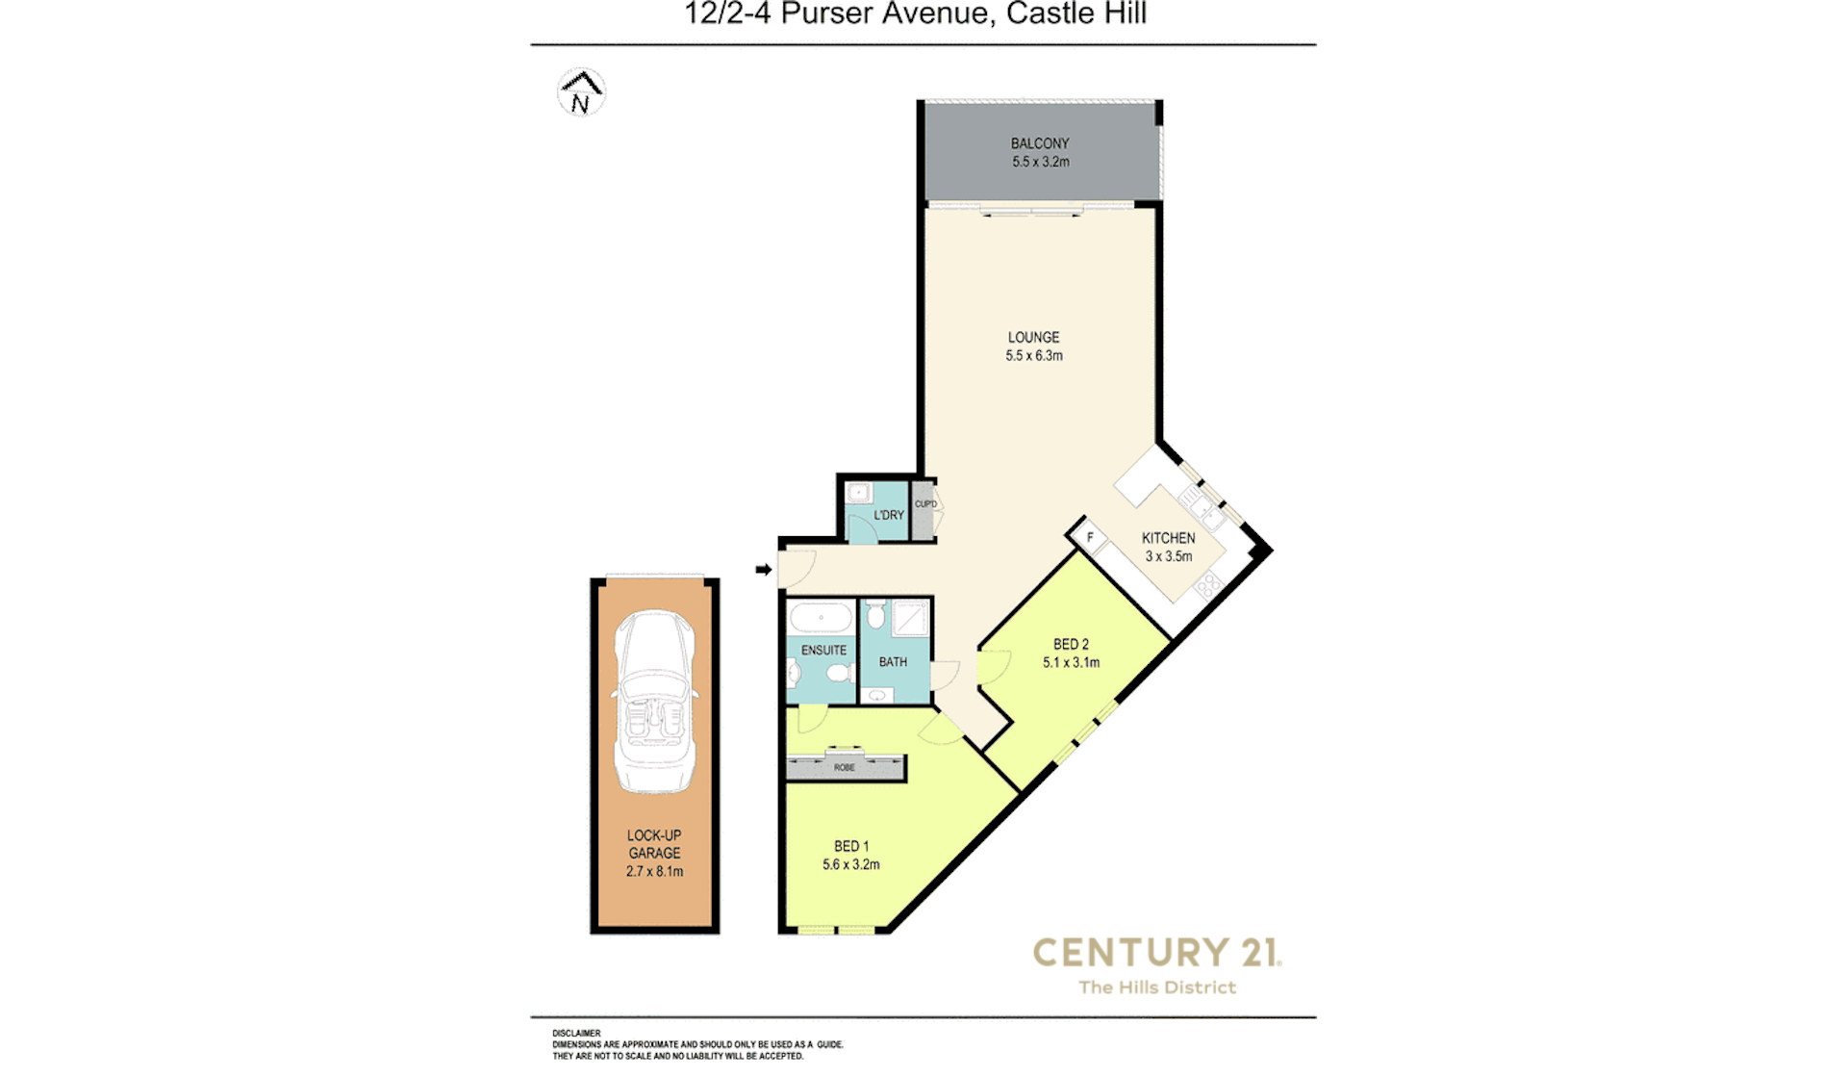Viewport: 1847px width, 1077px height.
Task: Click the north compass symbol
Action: click(x=581, y=92)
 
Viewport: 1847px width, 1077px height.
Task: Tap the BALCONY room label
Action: click(x=1039, y=143)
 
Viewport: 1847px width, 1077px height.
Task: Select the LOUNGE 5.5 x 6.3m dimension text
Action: click(x=1034, y=356)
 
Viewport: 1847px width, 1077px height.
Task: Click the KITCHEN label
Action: click(x=1168, y=538)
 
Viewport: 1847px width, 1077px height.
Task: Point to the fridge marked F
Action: click(x=1089, y=537)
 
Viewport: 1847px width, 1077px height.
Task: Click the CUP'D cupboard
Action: click(x=924, y=510)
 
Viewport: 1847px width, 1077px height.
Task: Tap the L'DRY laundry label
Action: click(x=889, y=515)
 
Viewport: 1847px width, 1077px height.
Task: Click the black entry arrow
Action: click(x=764, y=570)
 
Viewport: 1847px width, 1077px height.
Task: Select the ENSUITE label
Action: click(x=823, y=651)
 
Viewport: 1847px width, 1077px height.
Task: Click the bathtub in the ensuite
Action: click(x=821, y=617)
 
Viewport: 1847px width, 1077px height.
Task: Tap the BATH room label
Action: click(x=893, y=662)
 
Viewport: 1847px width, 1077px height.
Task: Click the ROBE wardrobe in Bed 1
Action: click(x=846, y=766)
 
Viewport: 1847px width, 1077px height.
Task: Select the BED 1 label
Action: click(x=851, y=847)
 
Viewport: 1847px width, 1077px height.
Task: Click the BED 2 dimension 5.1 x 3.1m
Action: click(x=1071, y=663)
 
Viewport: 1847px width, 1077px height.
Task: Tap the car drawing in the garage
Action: click(x=655, y=702)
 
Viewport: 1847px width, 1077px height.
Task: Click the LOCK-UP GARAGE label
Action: click(x=654, y=844)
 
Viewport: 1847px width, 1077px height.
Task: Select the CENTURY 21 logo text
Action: click(x=1157, y=953)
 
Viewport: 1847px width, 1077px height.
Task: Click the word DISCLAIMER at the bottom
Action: click(x=576, y=1034)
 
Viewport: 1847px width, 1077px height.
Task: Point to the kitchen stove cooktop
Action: click(x=1207, y=584)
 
